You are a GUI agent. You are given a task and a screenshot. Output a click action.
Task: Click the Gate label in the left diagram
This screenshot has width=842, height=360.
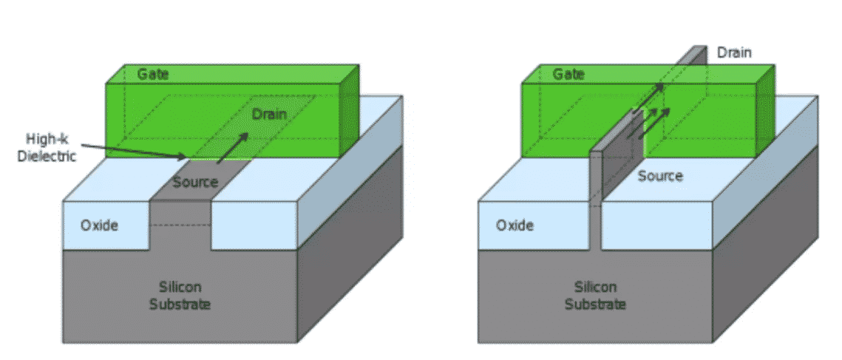(153, 75)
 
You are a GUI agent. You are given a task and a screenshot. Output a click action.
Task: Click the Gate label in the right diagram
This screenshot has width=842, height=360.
(568, 75)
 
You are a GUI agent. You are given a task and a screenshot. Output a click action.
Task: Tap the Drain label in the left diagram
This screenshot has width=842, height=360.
(269, 115)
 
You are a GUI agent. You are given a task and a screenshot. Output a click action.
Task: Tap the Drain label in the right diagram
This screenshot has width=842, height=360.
(733, 53)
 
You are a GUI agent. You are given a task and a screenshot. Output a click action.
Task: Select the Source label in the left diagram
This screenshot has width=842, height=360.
(194, 182)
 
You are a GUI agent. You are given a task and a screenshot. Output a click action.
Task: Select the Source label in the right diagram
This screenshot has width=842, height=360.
(660, 176)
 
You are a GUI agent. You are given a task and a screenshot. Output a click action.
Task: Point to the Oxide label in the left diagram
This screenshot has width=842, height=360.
(99, 225)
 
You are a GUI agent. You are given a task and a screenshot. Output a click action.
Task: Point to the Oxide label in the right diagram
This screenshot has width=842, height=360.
(515, 225)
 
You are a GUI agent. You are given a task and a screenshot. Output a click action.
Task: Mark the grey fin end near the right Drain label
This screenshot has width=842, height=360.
(698, 54)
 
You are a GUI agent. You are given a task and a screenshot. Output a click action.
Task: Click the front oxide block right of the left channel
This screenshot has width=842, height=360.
(255, 225)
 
